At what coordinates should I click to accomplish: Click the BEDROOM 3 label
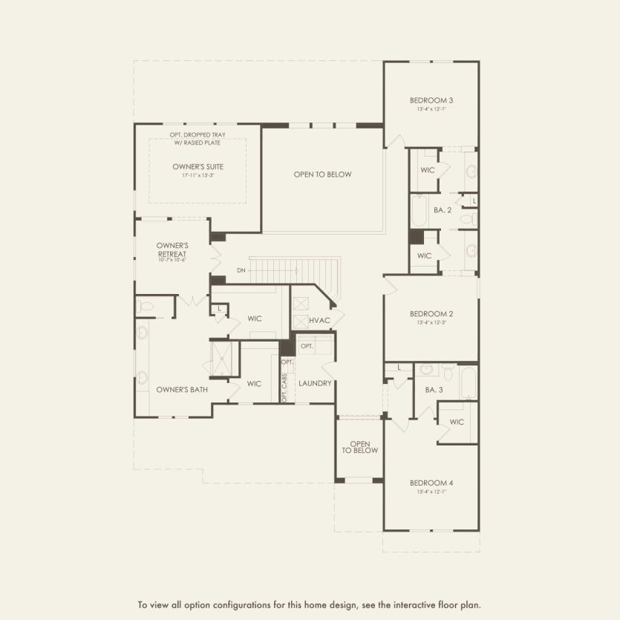coord(431,100)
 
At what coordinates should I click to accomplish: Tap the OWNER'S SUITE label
coord(198,167)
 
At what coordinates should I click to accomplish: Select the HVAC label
coord(319,320)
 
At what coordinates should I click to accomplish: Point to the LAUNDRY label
coord(314,383)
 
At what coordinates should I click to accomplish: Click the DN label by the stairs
coord(241,270)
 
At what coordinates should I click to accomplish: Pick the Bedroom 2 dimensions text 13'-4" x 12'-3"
coord(431,323)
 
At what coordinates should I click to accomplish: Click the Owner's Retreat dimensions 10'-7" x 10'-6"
coord(172,261)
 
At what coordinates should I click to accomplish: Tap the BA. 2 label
coord(443,211)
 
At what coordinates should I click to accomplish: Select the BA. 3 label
coord(434,390)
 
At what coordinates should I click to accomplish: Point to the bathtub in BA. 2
coord(419,211)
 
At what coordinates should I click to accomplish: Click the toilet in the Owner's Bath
coord(146,305)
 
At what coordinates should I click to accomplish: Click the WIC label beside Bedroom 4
coord(457,422)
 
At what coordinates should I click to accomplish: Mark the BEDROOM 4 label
coord(431,483)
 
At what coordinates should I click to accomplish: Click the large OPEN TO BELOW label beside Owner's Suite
coord(322,174)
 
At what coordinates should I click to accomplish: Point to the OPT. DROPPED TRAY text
coord(198,135)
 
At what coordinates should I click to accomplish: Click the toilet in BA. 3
coord(426,368)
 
